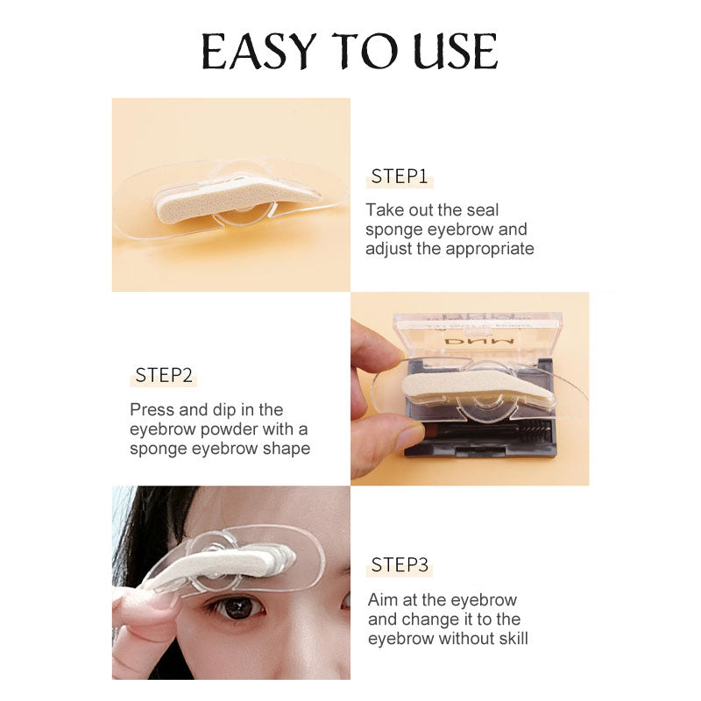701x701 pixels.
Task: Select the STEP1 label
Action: coord(400,177)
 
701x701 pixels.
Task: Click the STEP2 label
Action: coord(164,376)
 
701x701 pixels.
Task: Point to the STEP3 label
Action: coord(400,565)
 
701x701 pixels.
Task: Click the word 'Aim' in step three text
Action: coord(380,600)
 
